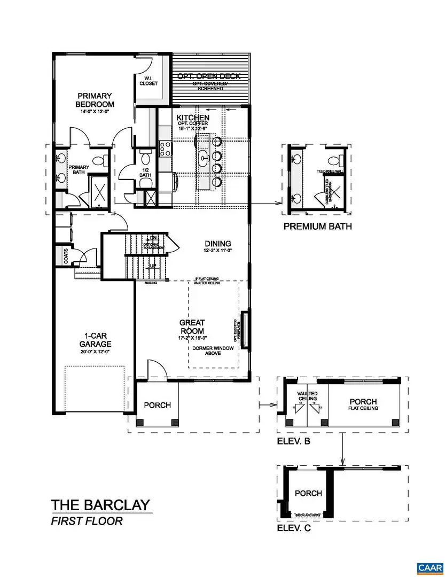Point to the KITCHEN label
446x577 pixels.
(193, 117)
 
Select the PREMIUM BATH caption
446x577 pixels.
(317, 226)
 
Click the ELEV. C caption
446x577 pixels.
(293, 529)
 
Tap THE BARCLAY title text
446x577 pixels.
(101, 505)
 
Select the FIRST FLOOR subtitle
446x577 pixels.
(87, 521)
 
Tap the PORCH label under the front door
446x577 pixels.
(158, 405)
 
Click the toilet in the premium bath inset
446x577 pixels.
(336, 159)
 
